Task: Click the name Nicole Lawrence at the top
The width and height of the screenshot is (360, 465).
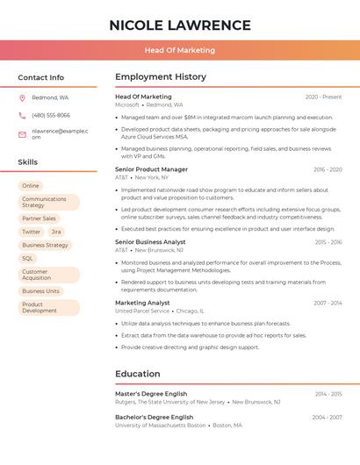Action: [180, 25]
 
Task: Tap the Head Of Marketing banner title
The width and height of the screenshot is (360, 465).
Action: [180, 50]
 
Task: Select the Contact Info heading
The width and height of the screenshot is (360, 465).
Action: [40, 77]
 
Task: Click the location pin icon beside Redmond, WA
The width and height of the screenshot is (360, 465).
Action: [22, 97]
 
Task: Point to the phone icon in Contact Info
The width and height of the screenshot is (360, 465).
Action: [22, 115]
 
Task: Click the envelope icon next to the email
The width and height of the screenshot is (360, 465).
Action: [22, 134]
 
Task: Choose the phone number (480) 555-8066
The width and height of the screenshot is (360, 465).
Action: [51, 115]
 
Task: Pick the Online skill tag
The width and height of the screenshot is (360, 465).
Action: [31, 186]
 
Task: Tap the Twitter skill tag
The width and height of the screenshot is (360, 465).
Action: [32, 232]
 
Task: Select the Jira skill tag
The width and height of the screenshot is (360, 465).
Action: [56, 232]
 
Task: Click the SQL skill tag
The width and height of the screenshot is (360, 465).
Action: [28, 259]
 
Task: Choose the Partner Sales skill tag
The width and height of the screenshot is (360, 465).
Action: [39, 218]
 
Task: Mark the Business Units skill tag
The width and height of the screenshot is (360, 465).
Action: [41, 291]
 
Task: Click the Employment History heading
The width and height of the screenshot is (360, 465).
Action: [160, 77]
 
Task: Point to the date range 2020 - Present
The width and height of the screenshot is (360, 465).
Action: [323, 97]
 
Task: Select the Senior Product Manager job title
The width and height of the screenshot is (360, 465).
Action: [151, 169]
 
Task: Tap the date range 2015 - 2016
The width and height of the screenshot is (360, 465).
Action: [328, 242]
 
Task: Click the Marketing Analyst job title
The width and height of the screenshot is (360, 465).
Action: [142, 303]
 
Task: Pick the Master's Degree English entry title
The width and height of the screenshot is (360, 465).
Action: [151, 394]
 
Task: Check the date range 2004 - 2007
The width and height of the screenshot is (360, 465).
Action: [327, 418]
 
